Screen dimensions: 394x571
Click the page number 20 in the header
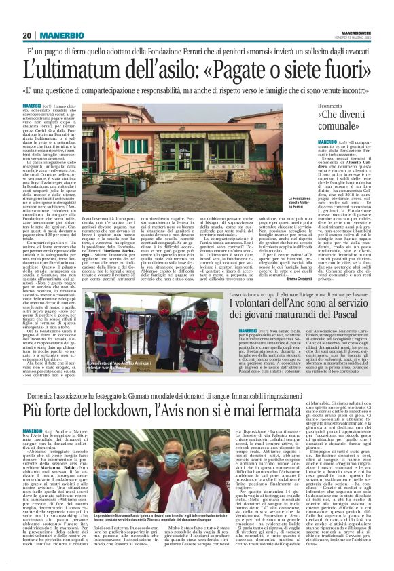27,35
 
